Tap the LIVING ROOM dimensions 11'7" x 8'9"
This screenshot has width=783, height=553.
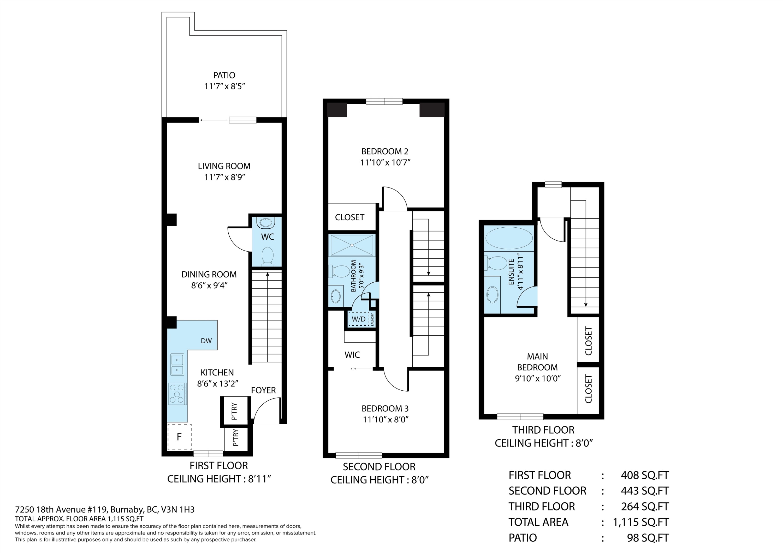(225, 177)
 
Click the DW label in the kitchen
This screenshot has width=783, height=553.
(206, 341)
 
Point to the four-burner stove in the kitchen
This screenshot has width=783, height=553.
(177, 393)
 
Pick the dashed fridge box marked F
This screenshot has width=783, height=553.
(179, 437)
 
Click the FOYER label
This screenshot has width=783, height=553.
(263, 390)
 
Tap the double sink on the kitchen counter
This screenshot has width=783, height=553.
(177, 364)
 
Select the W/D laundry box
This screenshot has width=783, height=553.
(359, 319)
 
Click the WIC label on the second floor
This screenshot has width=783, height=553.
(352, 355)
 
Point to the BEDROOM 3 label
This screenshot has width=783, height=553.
(385, 408)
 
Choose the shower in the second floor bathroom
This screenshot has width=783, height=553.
(352, 245)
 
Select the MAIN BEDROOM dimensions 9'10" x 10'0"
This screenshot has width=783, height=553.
(538, 378)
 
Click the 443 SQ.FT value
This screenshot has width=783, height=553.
(645, 491)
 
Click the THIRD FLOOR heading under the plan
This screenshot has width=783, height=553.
(543, 430)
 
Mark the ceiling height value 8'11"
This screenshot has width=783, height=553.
(259, 479)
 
